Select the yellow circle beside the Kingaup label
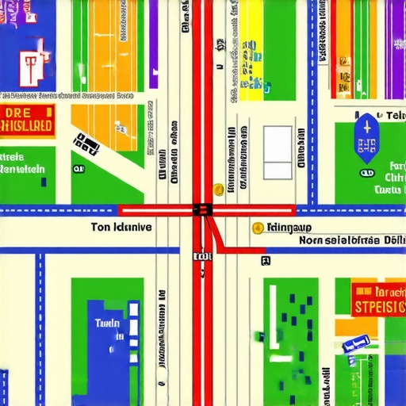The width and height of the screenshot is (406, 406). pos(257,228)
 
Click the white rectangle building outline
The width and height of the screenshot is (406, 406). pos(278,151)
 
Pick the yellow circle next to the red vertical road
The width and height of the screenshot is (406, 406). pos(218,190)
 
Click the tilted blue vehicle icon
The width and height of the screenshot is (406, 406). pos(356,343)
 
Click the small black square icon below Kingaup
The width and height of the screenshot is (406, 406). pos(266,259)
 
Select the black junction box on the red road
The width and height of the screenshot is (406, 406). pos(201,210)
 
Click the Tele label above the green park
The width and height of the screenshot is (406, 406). pos(388,117)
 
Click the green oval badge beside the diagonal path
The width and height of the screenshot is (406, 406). pos(77,169)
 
